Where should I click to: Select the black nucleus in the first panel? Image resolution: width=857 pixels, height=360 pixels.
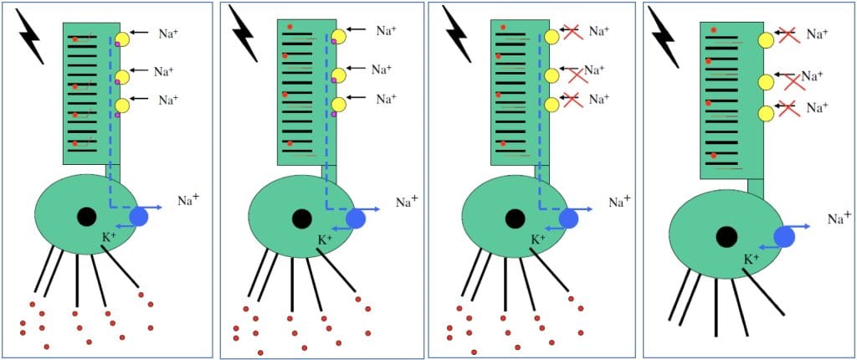(x=86, y=217)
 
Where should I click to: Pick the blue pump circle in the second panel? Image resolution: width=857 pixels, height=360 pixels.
(x=355, y=219)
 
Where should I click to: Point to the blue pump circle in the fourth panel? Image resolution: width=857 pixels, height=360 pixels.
(x=784, y=237)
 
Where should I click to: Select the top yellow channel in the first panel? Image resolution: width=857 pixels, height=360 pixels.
(x=123, y=39)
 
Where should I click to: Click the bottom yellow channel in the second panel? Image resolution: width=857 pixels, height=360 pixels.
(x=338, y=105)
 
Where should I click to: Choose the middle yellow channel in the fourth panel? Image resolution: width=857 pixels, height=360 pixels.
(x=766, y=82)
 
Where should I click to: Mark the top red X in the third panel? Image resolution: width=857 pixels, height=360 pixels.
(x=572, y=33)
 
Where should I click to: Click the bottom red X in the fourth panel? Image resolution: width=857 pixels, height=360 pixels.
(x=788, y=109)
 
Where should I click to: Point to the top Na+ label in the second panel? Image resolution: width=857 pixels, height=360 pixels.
(x=386, y=31)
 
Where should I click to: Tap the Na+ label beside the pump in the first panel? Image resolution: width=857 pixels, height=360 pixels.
(x=187, y=200)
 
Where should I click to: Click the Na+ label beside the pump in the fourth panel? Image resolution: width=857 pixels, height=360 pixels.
(x=838, y=219)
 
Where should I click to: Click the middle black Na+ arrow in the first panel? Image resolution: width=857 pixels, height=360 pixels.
(x=139, y=70)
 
